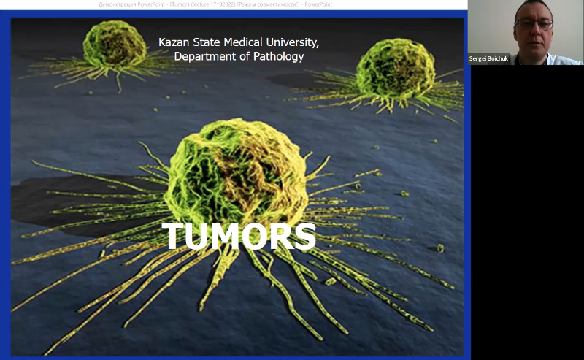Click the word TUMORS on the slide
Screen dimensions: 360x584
[239, 236]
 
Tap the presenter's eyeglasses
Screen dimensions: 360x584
[534, 23]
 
